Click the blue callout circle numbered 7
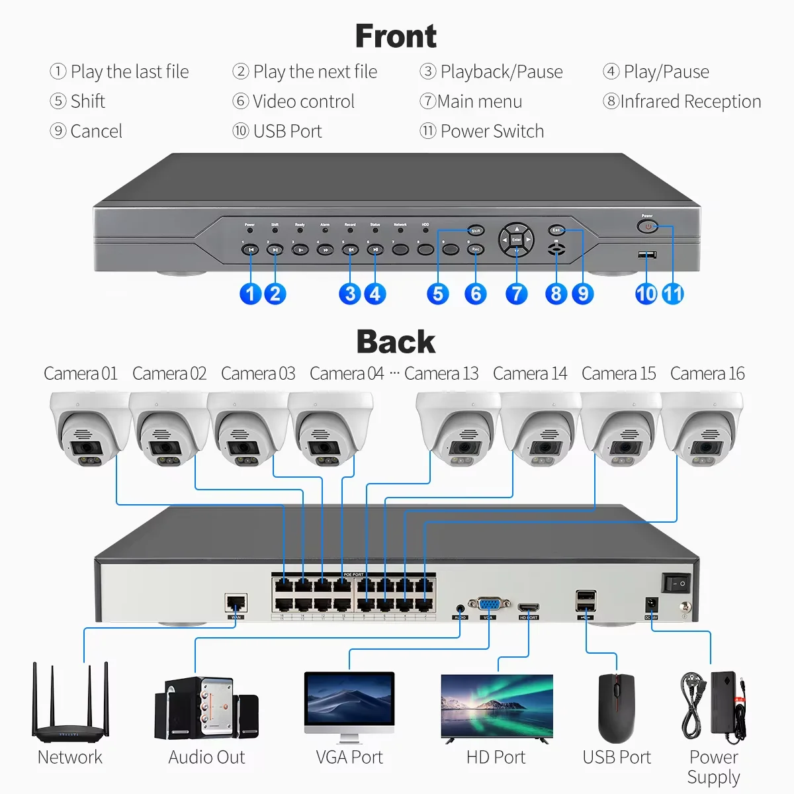click(516, 294)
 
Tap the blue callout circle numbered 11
click(672, 294)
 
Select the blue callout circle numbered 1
click(250, 294)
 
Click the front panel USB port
click(646, 255)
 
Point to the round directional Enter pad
click(516, 239)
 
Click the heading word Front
click(396, 36)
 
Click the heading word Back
click(396, 342)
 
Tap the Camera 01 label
click(80, 374)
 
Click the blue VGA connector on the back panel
click(489, 605)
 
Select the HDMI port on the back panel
click(529, 607)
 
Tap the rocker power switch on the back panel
click(677, 583)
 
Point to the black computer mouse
click(616, 707)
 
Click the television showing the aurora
click(496, 706)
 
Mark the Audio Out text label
click(206, 757)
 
